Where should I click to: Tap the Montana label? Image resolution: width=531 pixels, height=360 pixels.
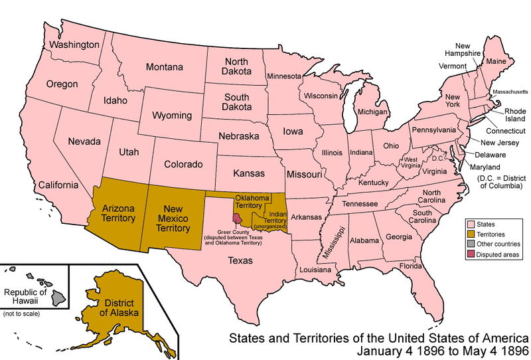164,67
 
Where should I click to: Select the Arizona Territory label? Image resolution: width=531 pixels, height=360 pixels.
119,213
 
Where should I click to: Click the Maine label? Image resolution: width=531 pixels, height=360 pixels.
496,62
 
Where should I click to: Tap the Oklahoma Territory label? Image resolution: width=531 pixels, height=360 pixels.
252,203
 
